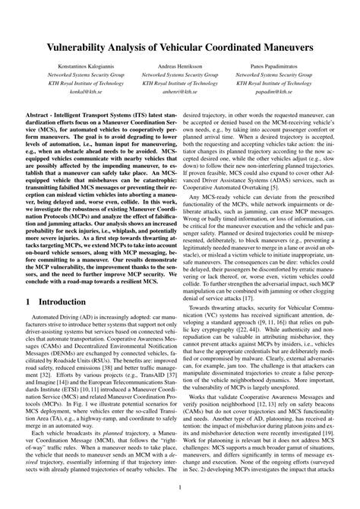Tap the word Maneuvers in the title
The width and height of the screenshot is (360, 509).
(281, 47)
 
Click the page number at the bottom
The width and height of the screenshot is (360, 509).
(180, 488)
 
